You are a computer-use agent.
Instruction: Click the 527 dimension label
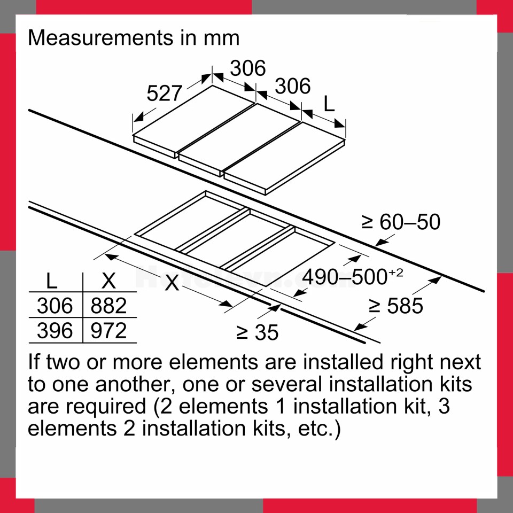pyautogui.click(x=164, y=94)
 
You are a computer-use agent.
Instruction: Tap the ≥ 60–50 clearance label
pyautogui.click(x=401, y=222)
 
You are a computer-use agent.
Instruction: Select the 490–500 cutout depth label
pyautogui.click(x=345, y=277)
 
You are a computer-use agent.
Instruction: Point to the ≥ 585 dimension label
pyautogui.click(x=396, y=306)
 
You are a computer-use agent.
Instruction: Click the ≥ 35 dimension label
pyautogui.click(x=257, y=333)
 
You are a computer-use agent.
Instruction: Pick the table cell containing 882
pyautogui.click(x=108, y=306)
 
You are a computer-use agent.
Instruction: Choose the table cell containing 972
pyautogui.click(x=108, y=330)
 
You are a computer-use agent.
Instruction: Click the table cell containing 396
pyautogui.click(x=55, y=330)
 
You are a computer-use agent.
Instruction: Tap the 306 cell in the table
pyautogui.click(x=55, y=306)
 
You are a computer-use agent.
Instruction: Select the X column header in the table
pyautogui.click(x=108, y=281)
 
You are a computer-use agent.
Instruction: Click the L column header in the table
pyautogui.click(x=51, y=281)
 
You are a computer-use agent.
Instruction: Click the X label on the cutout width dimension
pyautogui.click(x=172, y=283)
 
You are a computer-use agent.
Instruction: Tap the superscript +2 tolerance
pyautogui.click(x=396, y=273)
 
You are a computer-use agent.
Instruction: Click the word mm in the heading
pyautogui.click(x=221, y=38)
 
